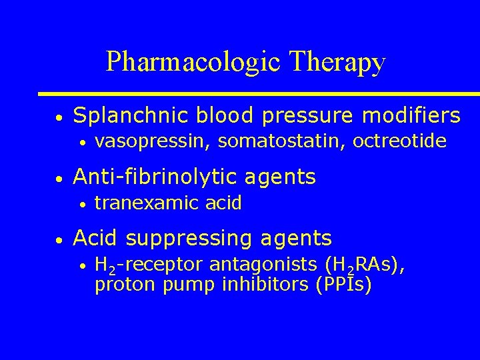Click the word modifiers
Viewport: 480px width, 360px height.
click(x=411, y=116)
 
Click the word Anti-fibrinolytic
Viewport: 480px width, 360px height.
click(x=154, y=177)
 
